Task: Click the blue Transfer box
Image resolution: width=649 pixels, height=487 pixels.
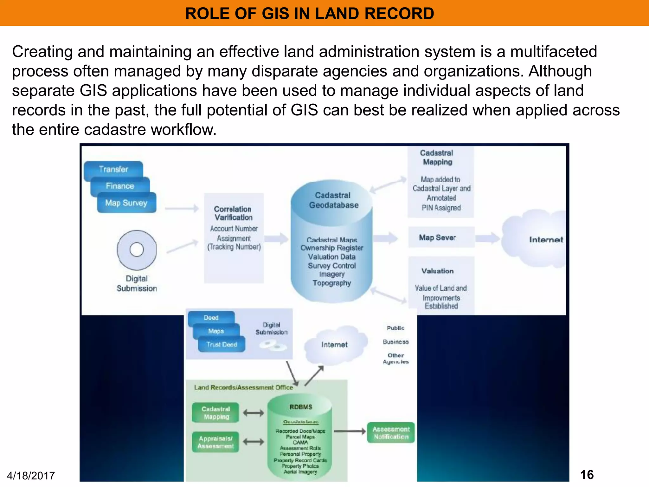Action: [113, 169]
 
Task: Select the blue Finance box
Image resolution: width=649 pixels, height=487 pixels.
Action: [120, 186]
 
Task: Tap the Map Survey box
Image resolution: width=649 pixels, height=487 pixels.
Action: [126, 203]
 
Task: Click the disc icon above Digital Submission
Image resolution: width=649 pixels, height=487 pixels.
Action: [137, 250]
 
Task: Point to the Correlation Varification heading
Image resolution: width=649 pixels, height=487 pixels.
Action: [233, 213]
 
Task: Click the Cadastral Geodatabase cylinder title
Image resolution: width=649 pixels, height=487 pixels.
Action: [333, 200]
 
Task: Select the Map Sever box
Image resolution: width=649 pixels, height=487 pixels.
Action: [437, 237]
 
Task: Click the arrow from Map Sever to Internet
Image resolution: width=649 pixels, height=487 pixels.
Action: [487, 237]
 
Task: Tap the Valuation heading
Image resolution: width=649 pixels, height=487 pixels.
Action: [437, 271]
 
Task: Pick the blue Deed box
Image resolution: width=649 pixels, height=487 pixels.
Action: [211, 318]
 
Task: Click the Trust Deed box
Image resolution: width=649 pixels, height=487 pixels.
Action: [222, 345]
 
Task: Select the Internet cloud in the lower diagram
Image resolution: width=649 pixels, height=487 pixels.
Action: [334, 345]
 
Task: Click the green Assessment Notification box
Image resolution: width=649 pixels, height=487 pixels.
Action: [391, 433]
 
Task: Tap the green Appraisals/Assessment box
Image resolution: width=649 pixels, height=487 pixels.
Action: [215, 442]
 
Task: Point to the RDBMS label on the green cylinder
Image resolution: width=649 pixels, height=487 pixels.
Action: [301, 407]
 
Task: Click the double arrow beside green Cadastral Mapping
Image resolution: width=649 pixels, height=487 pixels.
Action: [253, 413]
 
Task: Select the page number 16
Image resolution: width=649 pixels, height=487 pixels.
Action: [587, 475]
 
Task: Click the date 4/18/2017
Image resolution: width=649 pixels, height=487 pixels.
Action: [31, 476]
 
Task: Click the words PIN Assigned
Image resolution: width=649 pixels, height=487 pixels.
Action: [441, 208]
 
